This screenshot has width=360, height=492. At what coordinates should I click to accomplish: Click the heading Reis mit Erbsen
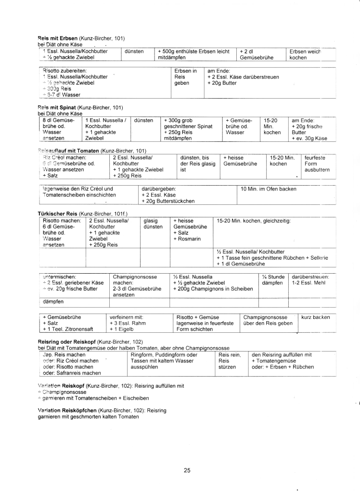54,38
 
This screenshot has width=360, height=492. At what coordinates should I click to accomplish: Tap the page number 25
187,470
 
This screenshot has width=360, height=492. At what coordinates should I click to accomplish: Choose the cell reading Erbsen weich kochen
304,54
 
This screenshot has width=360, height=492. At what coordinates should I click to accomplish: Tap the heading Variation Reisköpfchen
66,410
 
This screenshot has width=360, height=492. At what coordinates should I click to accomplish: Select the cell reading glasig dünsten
153,224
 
